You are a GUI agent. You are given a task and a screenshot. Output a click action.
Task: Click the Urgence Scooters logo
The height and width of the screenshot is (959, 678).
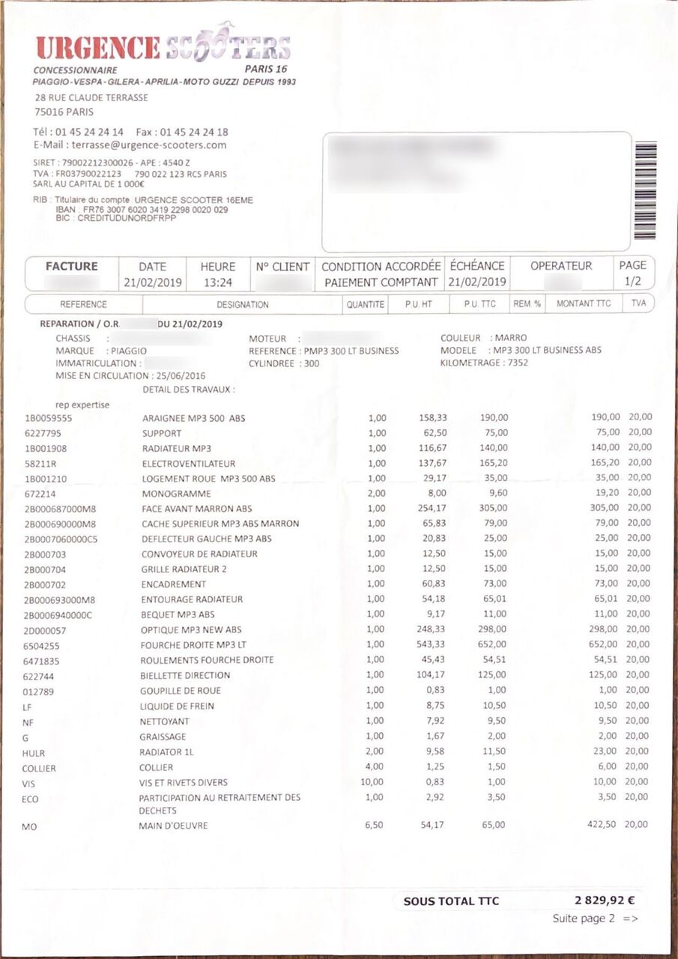click(163, 46)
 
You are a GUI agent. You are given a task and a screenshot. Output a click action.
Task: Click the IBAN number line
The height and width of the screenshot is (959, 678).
click(142, 210)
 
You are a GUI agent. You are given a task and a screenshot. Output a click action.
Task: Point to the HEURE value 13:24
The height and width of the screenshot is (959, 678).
click(218, 282)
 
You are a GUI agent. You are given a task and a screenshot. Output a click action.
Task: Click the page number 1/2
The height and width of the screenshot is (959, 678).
click(632, 282)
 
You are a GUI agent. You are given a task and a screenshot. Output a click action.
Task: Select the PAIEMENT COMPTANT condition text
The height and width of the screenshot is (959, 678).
click(381, 282)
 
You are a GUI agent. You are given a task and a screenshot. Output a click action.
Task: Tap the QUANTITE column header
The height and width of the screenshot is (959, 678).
click(366, 304)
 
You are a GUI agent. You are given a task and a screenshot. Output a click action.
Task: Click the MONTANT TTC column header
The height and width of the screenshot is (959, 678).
click(584, 303)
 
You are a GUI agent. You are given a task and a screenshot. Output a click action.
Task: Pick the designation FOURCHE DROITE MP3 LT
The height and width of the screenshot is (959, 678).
click(194, 644)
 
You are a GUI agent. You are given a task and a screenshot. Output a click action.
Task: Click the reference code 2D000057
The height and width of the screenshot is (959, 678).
click(45, 629)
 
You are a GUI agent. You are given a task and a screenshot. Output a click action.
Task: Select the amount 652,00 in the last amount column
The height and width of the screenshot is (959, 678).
click(604, 644)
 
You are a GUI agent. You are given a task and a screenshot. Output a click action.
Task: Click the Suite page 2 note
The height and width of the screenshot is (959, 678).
click(595, 919)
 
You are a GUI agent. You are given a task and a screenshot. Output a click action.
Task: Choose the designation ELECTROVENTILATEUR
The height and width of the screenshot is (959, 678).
click(189, 463)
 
